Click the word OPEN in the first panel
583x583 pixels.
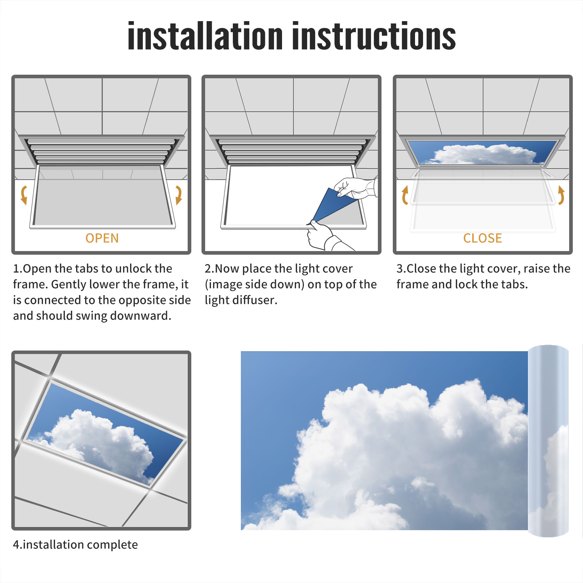[x=102, y=238]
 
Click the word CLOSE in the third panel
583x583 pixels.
[x=482, y=238]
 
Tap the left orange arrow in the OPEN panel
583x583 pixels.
[x=24, y=195]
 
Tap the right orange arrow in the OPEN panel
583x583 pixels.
[x=179, y=195]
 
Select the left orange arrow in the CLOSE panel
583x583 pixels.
[x=405, y=195]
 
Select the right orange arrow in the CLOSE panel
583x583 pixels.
[x=561, y=195]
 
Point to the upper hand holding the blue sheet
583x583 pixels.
[x=355, y=188]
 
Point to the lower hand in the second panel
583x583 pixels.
[x=326, y=237]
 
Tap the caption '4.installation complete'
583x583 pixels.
[x=75, y=545]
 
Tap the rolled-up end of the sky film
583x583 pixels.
[x=548, y=441]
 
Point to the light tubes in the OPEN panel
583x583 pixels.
[x=101, y=151]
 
